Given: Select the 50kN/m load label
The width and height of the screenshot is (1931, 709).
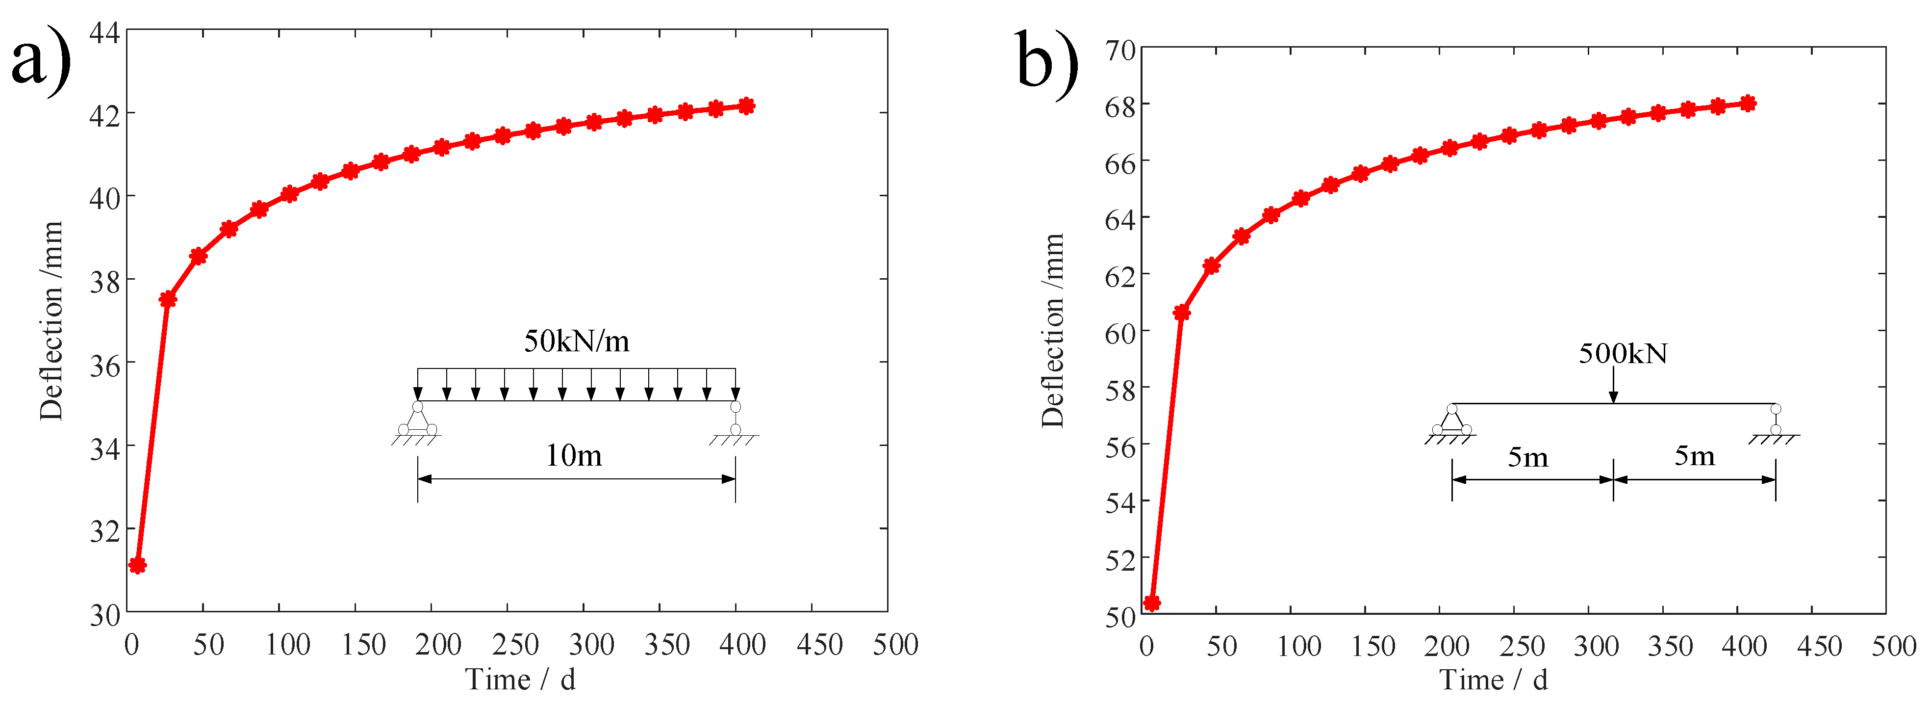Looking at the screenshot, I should point(576,341).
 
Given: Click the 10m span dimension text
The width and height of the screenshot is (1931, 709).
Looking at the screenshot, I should point(573,455).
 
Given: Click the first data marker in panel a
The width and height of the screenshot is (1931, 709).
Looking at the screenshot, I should point(137,565).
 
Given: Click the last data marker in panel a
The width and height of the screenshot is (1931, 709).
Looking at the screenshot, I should point(746,106).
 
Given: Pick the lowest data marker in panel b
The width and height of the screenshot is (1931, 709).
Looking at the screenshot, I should point(1152,603).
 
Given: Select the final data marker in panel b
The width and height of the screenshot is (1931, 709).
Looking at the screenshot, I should point(1747,104).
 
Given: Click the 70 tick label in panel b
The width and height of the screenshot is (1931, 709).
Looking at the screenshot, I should point(1120,50).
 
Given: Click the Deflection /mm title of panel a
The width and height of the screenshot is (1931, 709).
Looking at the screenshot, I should point(51,321).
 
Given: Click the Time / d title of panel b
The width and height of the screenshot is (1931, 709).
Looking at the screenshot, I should point(1493,680).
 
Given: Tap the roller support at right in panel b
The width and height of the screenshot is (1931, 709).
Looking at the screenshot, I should point(1775,420).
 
